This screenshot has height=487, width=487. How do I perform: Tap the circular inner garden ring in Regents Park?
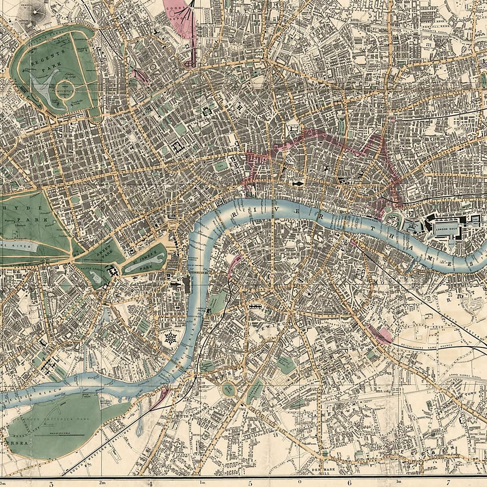click(x=65, y=87)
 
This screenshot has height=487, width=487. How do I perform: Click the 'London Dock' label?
click(x=443, y=228)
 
